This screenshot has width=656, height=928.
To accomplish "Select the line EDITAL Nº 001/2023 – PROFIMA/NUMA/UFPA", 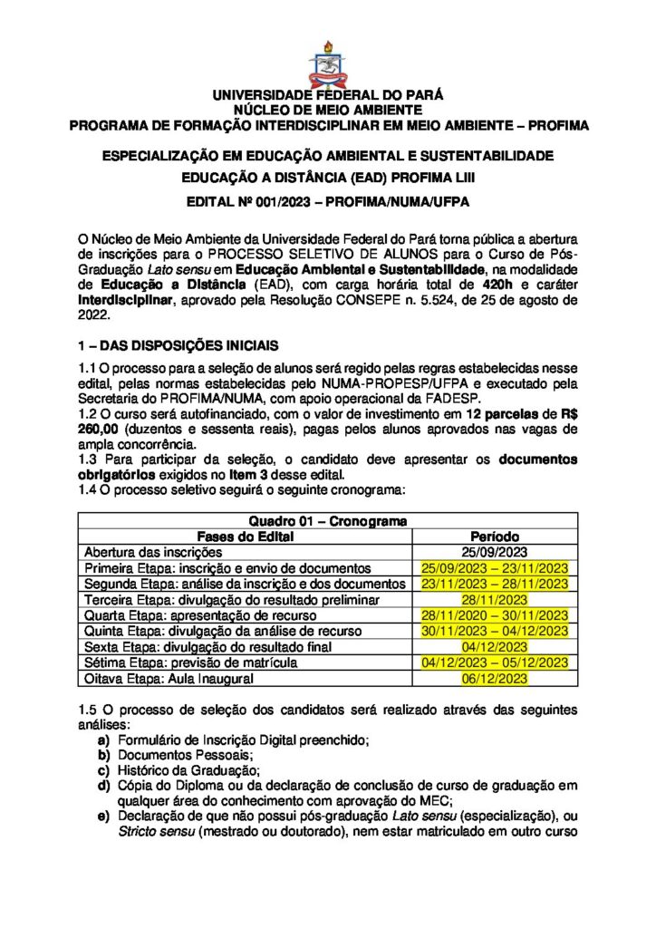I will [x=327, y=200].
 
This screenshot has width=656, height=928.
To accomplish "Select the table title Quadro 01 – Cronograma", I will [x=327, y=521].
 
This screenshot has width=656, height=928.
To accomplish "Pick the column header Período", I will [x=494, y=536].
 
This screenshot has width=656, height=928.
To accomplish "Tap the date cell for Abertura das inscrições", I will [x=494, y=551].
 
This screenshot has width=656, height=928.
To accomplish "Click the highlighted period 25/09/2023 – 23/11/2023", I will [x=494, y=567].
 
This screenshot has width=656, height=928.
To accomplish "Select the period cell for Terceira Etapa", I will [x=494, y=599].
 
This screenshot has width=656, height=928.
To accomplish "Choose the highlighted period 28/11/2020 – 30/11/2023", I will [x=494, y=615].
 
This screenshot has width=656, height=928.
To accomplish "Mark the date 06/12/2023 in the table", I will [x=494, y=679].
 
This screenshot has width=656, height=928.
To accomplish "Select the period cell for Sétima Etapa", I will [x=494, y=662].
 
